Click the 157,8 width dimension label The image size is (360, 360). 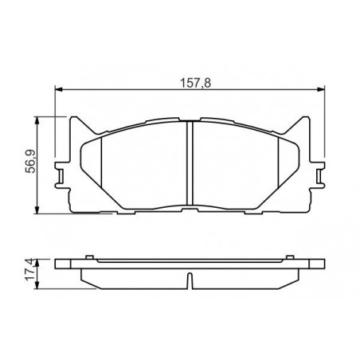point(196,83)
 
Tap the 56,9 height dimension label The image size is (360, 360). point(30,162)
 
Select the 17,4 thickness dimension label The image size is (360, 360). point(30,271)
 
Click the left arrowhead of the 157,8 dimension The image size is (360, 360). point(58,90)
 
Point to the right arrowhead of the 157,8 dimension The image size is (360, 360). point(321,90)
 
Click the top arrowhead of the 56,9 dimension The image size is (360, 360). point(37,120)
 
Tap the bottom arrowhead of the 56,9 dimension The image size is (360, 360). point(37,209)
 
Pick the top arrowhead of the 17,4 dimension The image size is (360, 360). point(37,264)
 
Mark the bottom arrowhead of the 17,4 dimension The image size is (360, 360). point(37,285)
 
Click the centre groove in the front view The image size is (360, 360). point(190,163)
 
